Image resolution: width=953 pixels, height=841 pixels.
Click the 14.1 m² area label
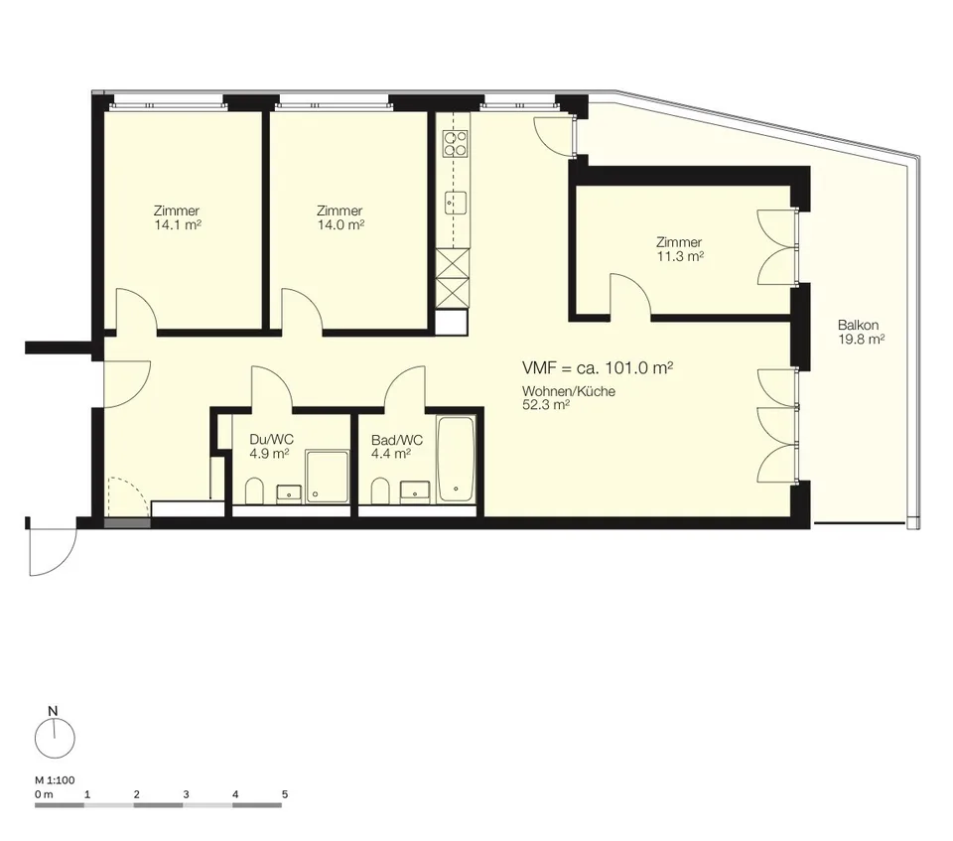pyautogui.click(x=178, y=225)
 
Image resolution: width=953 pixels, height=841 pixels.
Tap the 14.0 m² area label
pyautogui.click(x=340, y=225)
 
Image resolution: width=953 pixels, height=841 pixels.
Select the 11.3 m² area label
pyautogui.click(x=680, y=256)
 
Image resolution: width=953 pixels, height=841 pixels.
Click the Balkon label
pyautogui.click(x=858, y=326)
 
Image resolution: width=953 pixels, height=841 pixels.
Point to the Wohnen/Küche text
pyautogui.click(x=569, y=391)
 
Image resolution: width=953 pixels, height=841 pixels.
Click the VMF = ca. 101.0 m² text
pyautogui.click(x=598, y=368)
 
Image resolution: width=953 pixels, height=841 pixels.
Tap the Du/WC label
pyautogui.click(x=272, y=440)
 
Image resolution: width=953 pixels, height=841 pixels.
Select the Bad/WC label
pyautogui.click(x=397, y=440)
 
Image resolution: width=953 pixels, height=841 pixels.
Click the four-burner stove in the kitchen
pyautogui.click(x=456, y=144)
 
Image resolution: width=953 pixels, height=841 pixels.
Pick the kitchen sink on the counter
pyautogui.click(x=456, y=203)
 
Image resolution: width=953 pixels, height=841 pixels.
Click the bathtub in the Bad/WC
pyautogui.click(x=456, y=459)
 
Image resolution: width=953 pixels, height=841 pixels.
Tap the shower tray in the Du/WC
pyautogui.click(x=328, y=477)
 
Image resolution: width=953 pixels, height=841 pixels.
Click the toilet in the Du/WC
pyautogui.click(x=254, y=491)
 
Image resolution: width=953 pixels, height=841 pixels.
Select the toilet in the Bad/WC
pyautogui.click(x=380, y=491)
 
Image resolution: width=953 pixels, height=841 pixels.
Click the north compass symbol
pyautogui.click(x=55, y=739)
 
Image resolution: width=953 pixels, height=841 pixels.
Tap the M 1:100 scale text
pyautogui.click(x=55, y=780)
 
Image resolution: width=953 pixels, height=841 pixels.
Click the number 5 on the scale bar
pyautogui.click(x=285, y=794)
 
